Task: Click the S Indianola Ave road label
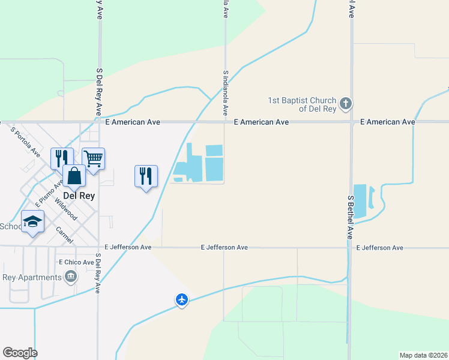[226, 93]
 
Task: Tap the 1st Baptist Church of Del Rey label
[303, 104]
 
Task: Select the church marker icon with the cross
[345, 104]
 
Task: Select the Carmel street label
[64, 235]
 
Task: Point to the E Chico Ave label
[76, 262]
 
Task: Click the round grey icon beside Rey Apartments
[71, 277]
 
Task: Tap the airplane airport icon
[182, 299]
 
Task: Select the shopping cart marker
[93, 159]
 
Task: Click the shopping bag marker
[74, 176]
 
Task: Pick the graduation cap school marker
[32, 222]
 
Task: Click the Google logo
[20, 353]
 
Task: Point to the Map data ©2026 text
[423, 355]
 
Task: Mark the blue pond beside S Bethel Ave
[360, 200]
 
